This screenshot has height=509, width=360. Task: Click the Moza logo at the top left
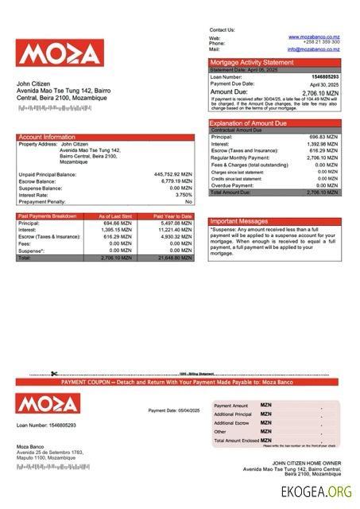[x=59, y=53]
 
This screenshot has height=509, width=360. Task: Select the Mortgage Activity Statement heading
[x=251, y=62]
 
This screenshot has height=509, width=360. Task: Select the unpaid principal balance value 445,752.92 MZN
[x=172, y=173]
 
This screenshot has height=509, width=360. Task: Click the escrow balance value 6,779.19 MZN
[x=176, y=181]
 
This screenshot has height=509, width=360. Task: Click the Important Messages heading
[x=239, y=221]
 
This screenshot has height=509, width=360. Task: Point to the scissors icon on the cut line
[x=53, y=374]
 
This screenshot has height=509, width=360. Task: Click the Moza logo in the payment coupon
[x=48, y=403]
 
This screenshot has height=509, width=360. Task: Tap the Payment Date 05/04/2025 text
[x=174, y=410]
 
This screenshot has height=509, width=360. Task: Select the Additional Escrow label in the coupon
[x=232, y=422]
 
